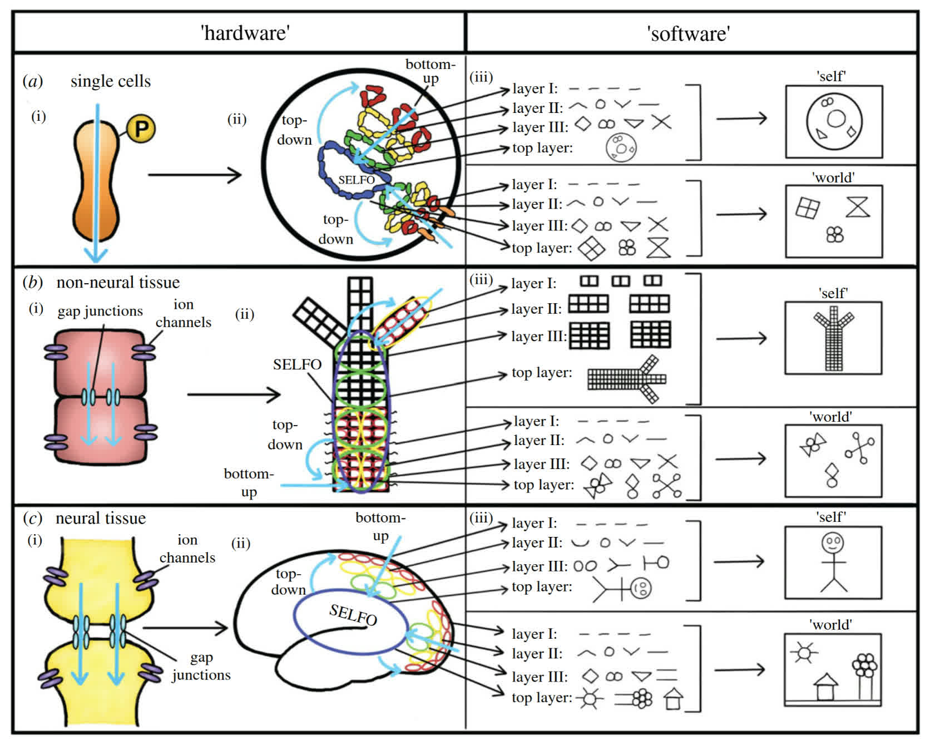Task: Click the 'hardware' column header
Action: (x=245, y=33)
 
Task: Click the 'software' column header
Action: (x=689, y=34)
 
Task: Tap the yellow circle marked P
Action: (x=141, y=129)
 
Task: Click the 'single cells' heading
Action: (x=110, y=81)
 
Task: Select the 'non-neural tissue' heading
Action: (x=118, y=283)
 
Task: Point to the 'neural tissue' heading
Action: (x=101, y=519)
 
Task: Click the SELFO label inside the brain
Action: (x=353, y=614)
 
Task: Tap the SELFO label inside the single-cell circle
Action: (x=356, y=180)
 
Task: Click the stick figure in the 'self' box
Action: (x=833, y=562)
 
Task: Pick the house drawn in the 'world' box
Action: (x=826, y=687)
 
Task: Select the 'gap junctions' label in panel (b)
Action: (x=100, y=311)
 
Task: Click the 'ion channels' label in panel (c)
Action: (x=187, y=549)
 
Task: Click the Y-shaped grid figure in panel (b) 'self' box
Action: (x=833, y=339)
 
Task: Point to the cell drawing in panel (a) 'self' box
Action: (x=834, y=121)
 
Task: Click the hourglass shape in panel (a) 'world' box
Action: (x=857, y=207)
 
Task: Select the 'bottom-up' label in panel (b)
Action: (x=249, y=482)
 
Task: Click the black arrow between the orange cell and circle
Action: (x=195, y=175)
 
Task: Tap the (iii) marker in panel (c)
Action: (x=481, y=518)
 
